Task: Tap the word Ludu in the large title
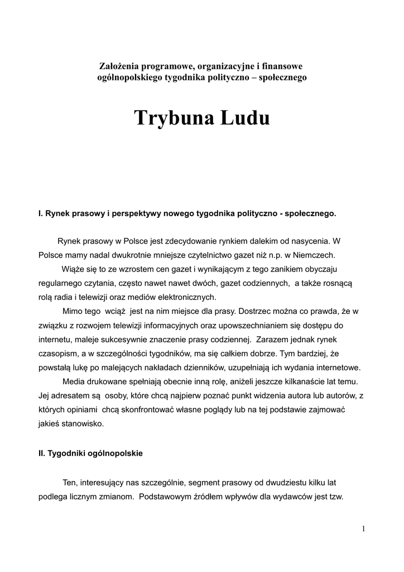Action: [x=246, y=118]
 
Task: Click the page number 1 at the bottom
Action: [x=363, y=529]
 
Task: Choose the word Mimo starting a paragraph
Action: [x=71, y=311]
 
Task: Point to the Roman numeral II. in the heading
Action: [x=41, y=454]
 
